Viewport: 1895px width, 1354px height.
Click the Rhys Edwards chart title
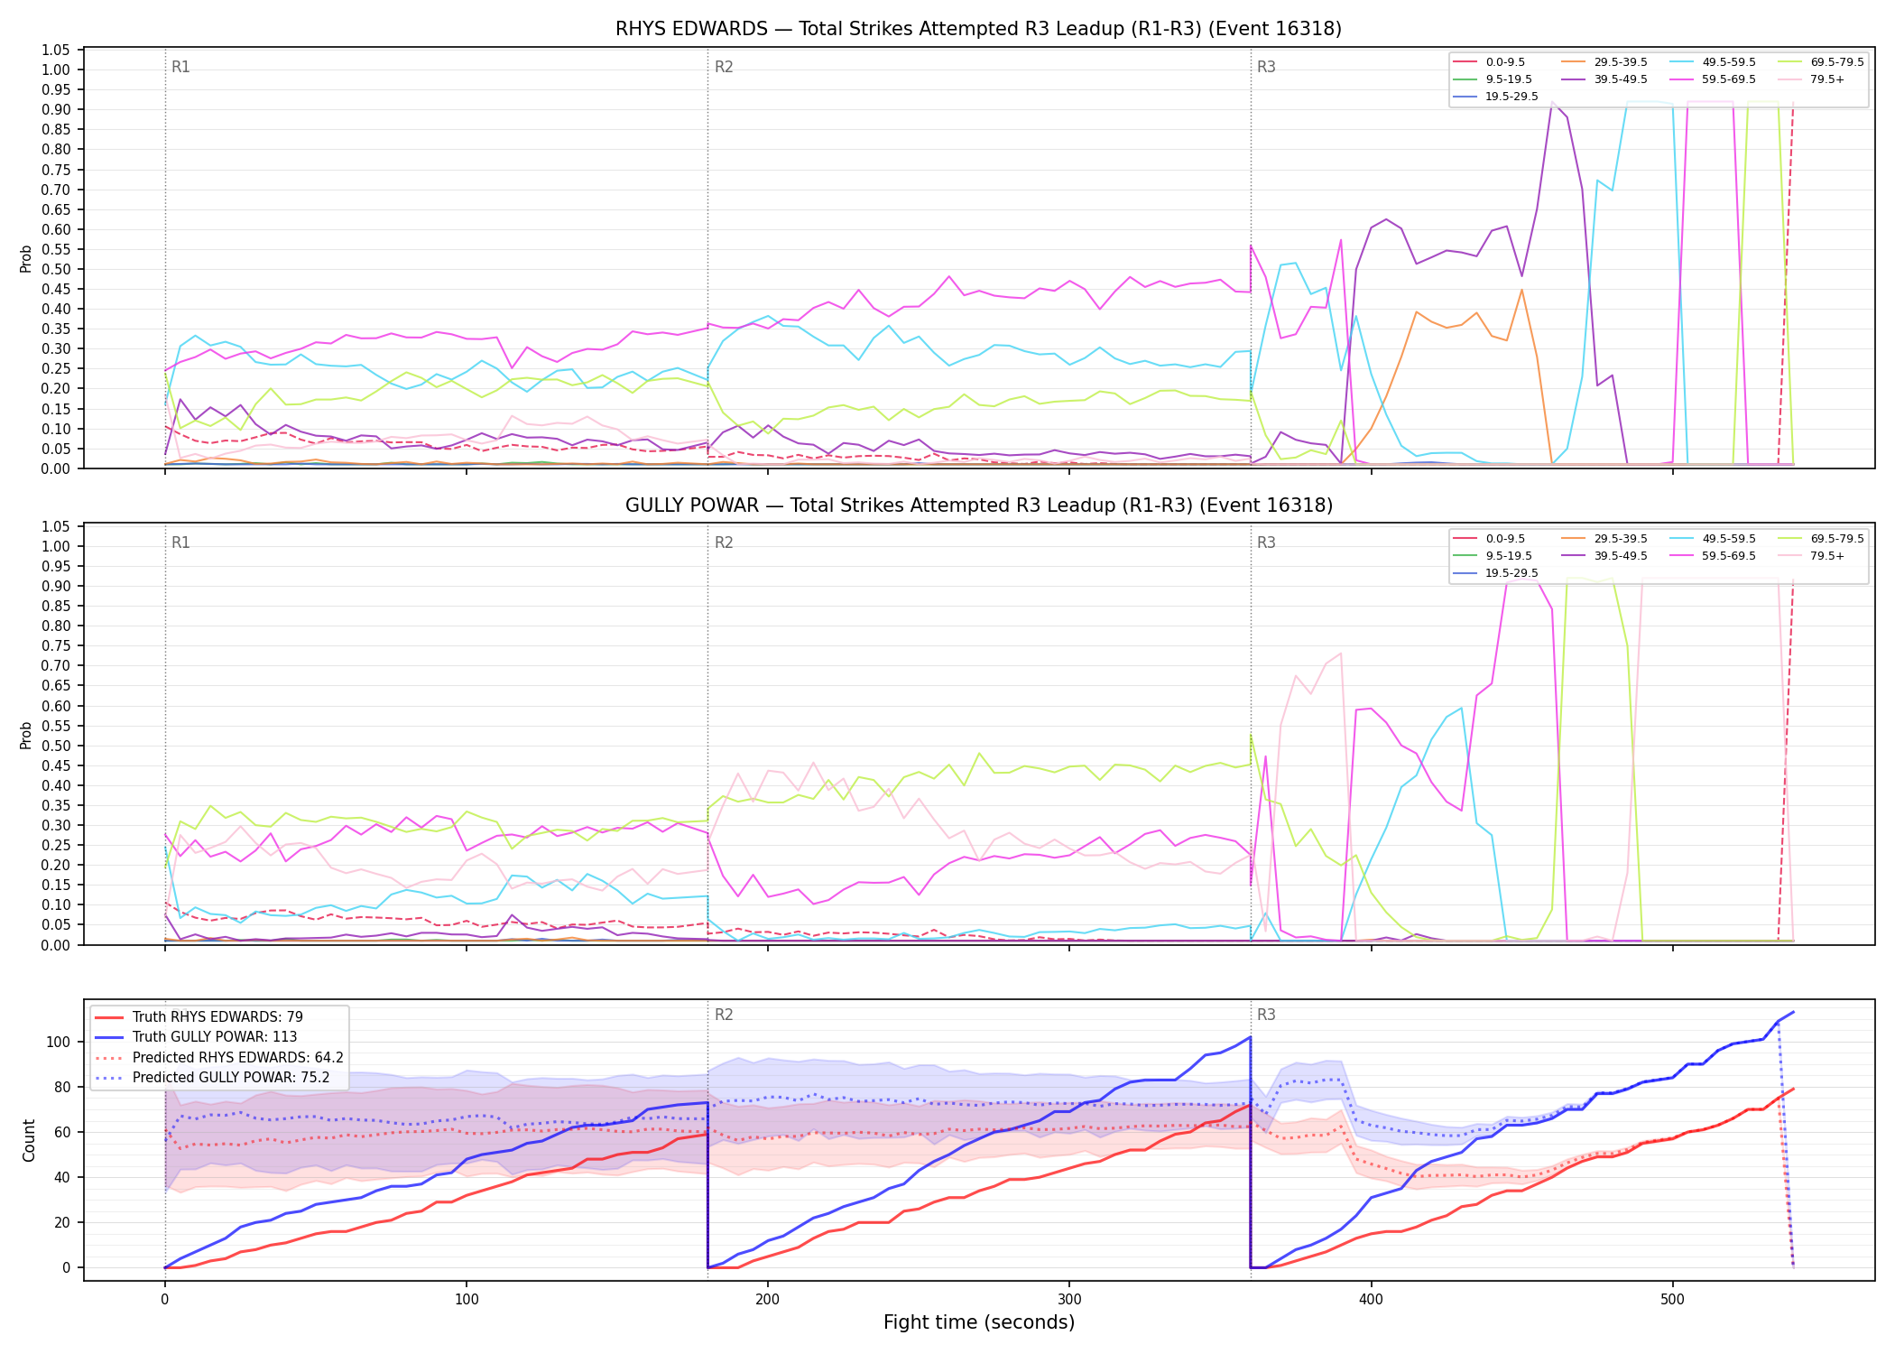978,29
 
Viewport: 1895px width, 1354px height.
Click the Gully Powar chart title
978,505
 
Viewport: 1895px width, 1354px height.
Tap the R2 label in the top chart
724,67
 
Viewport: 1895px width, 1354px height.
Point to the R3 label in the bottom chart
1266,1015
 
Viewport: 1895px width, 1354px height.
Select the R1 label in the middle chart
180,543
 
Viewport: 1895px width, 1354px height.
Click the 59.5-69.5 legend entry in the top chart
1711,79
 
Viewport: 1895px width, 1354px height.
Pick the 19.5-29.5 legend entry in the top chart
1494,97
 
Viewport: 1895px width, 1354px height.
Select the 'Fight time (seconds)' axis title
979,1322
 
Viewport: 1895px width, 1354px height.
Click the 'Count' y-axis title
29,1141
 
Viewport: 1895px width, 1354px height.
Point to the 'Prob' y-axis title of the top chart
26,259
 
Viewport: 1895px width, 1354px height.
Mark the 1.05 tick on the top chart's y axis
56,50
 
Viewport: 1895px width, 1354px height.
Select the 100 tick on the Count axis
60,1042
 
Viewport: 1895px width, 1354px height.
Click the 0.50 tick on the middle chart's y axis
56,746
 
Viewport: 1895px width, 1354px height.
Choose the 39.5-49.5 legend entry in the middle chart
1603,556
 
